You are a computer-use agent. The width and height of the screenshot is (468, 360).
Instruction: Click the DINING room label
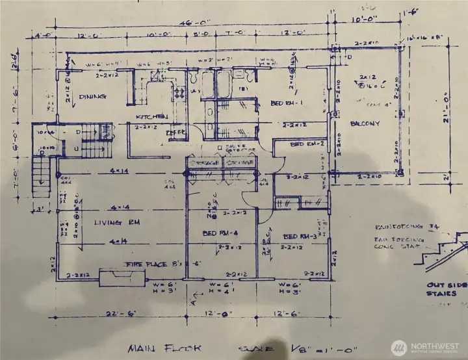(x=93, y=97)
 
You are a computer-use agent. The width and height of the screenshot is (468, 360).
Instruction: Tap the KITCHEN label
(x=152, y=116)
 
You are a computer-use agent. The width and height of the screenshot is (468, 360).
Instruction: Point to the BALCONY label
(x=364, y=123)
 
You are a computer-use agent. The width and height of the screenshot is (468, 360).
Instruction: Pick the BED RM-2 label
(x=307, y=144)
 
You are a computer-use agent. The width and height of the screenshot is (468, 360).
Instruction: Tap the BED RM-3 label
(x=300, y=236)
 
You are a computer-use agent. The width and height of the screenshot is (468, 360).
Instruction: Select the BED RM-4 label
(x=220, y=233)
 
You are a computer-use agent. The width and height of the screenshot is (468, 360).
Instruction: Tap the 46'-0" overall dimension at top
(x=173, y=21)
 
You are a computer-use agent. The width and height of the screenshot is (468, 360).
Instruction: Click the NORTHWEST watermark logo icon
(x=399, y=346)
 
